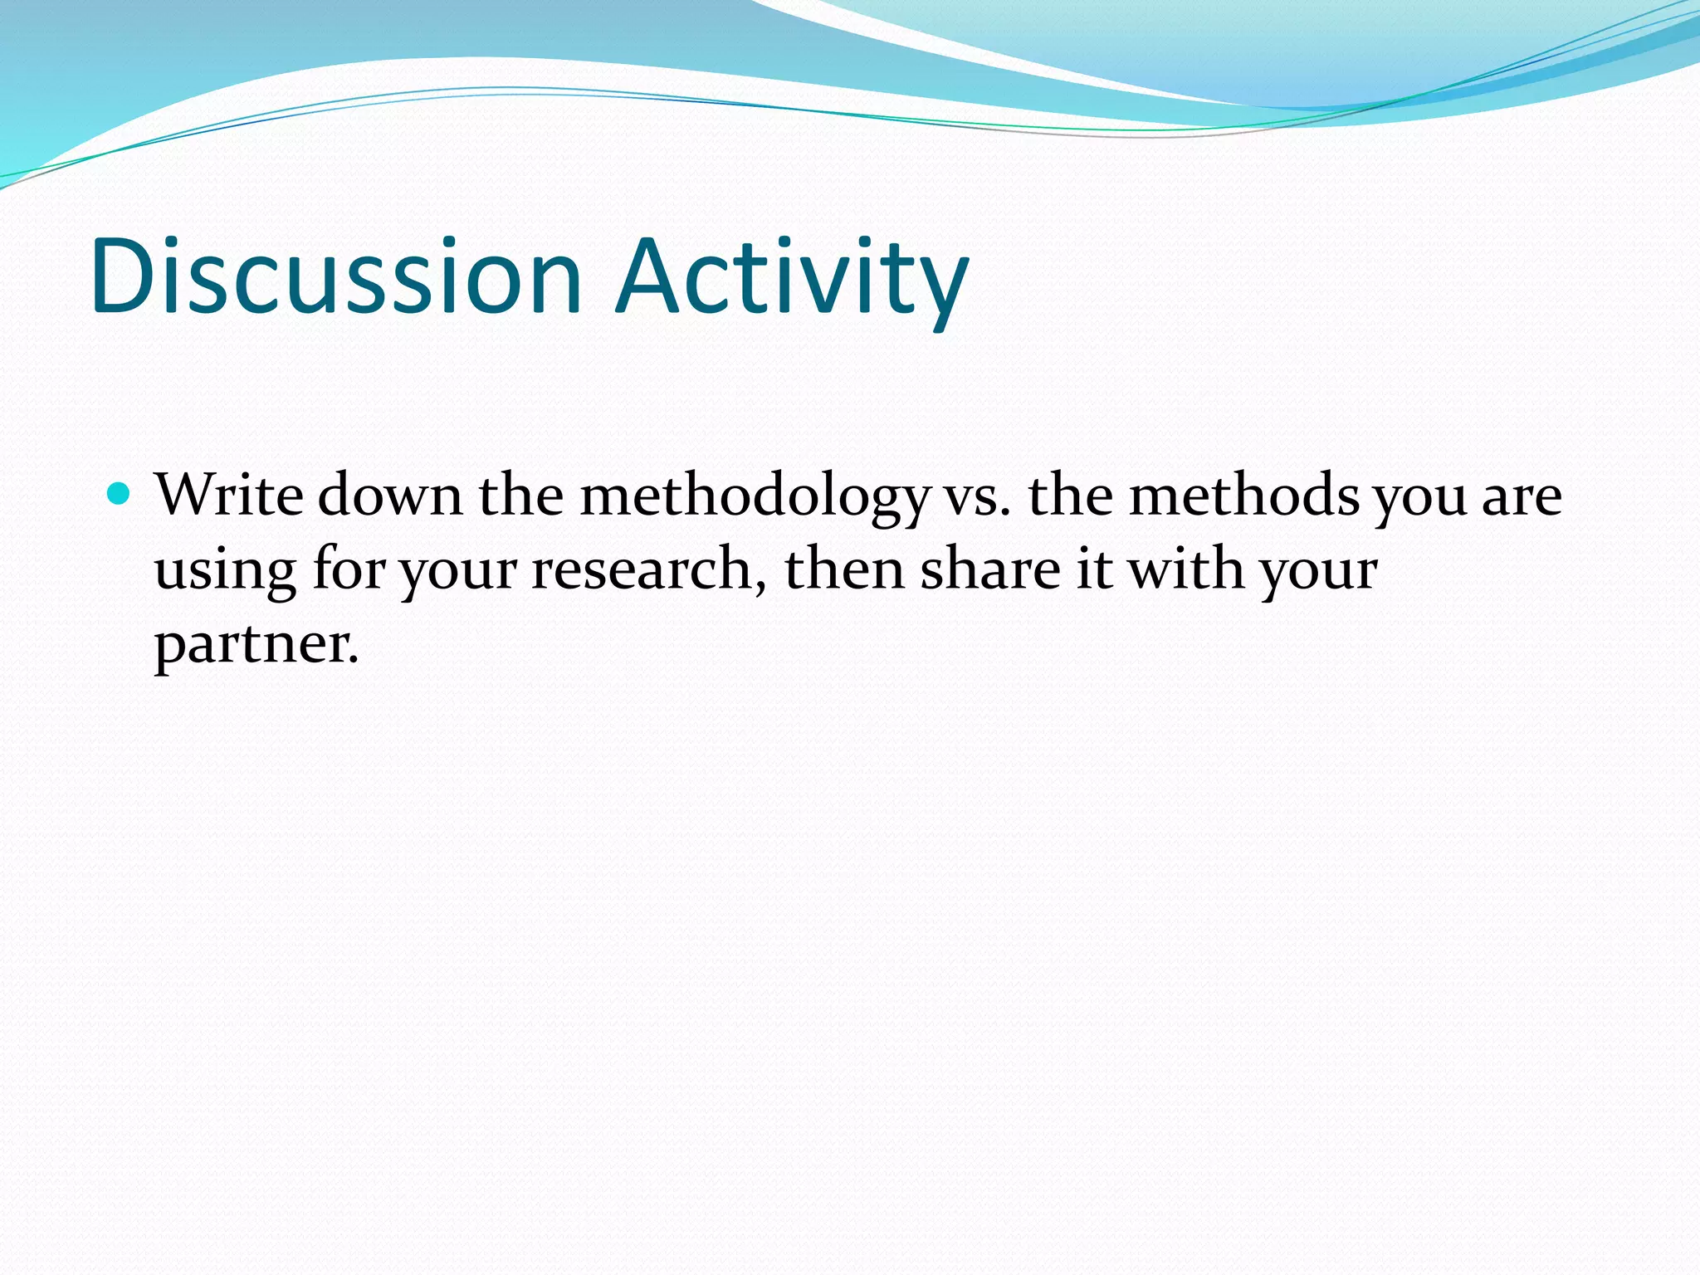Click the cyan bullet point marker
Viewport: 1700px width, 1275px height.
tap(120, 495)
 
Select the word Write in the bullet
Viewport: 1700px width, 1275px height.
tap(229, 496)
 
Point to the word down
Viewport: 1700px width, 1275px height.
tap(389, 496)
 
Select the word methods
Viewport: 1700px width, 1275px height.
tap(1244, 496)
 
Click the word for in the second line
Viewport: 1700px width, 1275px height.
tap(349, 569)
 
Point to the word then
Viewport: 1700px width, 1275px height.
tap(843, 569)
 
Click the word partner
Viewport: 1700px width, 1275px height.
tap(256, 646)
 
